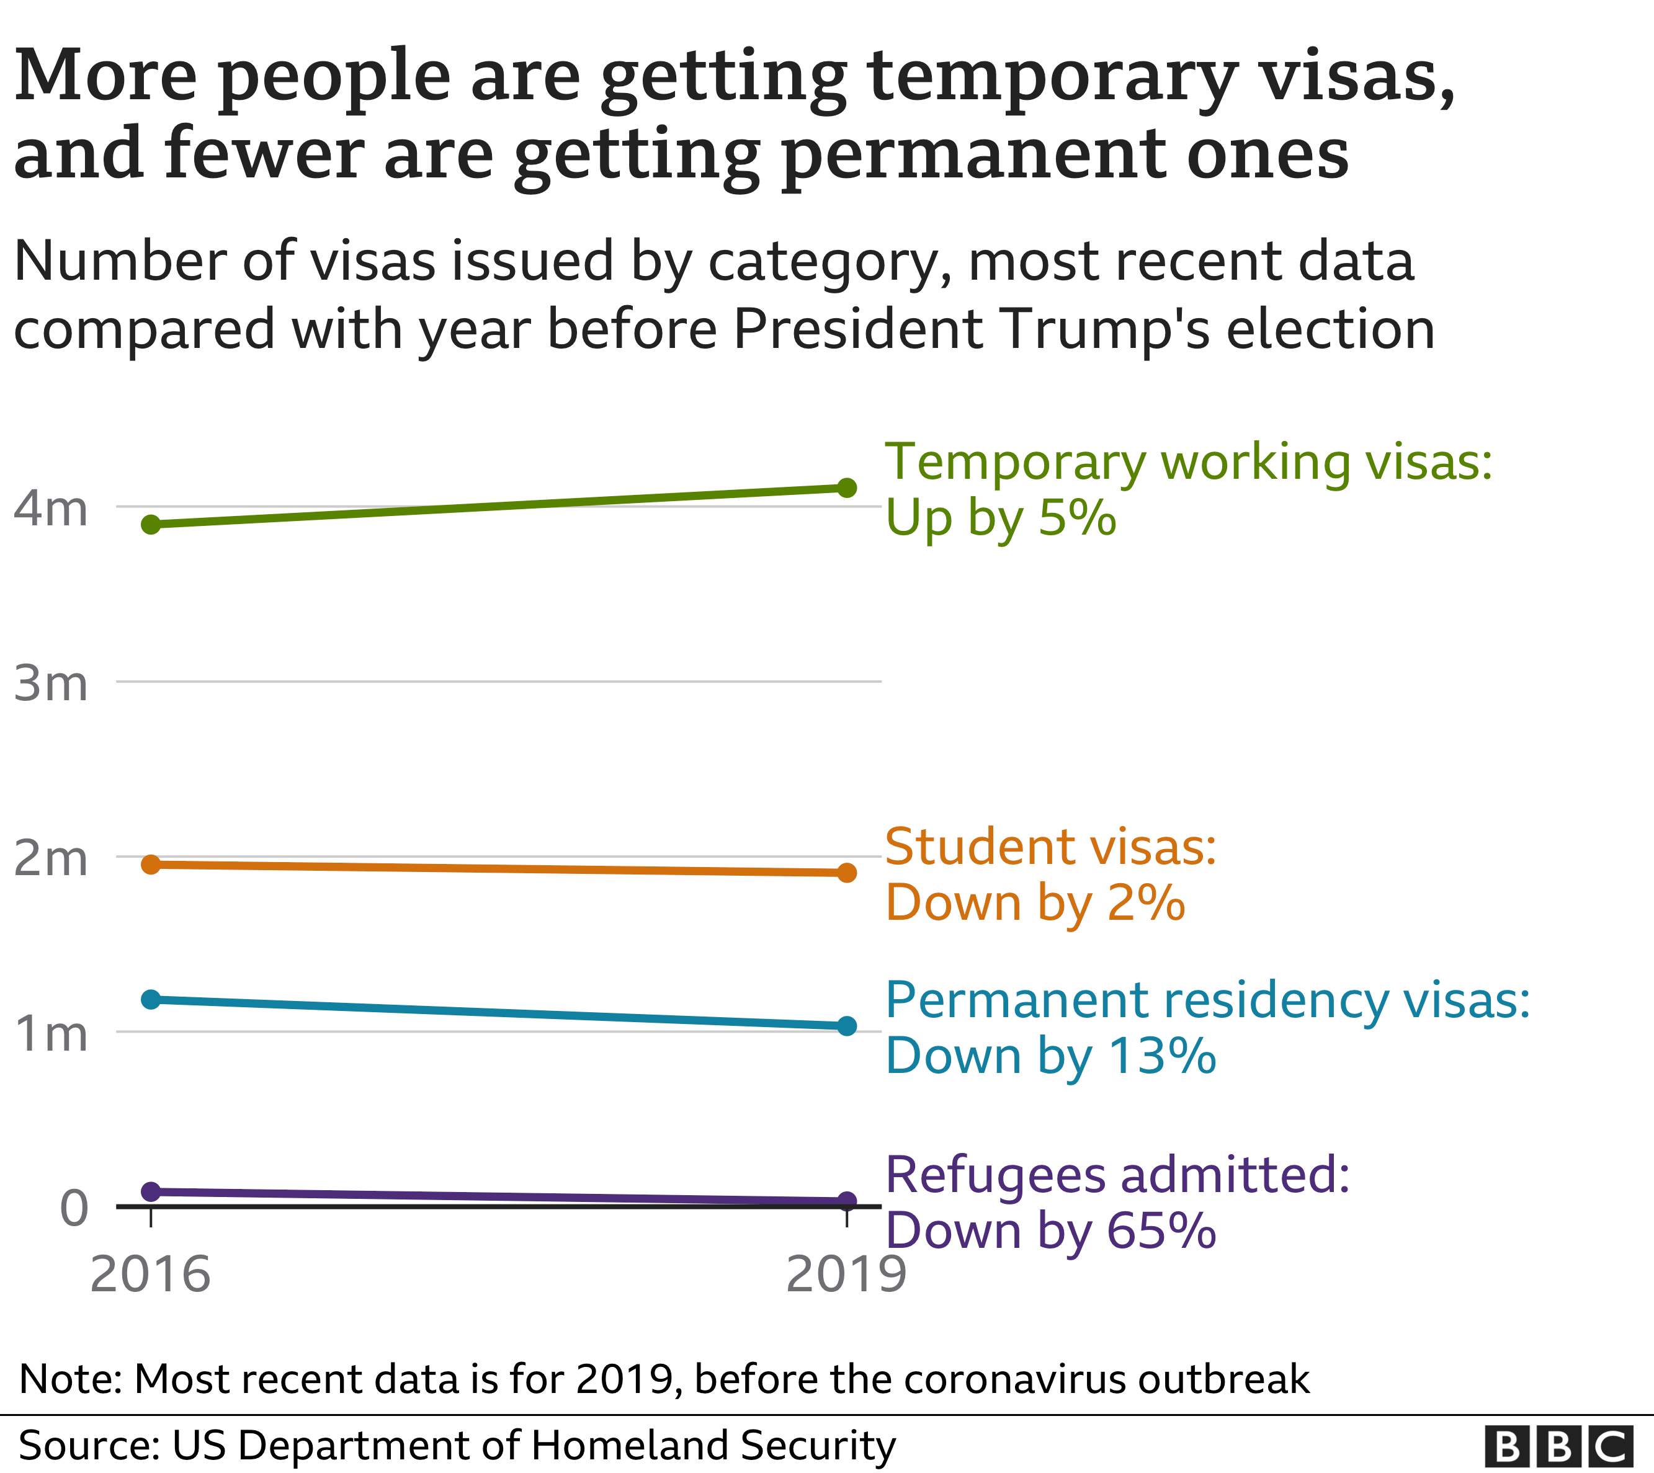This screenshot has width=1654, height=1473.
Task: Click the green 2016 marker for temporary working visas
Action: pyautogui.click(x=151, y=525)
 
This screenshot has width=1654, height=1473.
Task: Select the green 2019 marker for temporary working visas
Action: pyautogui.click(x=847, y=487)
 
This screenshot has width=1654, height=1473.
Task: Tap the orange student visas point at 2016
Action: pyautogui.click(x=151, y=865)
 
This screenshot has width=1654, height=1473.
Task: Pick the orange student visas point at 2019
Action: pyautogui.click(x=847, y=873)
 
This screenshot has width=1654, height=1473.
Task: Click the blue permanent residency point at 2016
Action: pyautogui.click(x=151, y=1000)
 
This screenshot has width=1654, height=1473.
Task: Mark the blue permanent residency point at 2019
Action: pyautogui.click(x=847, y=1026)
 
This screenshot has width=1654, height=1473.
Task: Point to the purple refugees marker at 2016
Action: pyautogui.click(x=151, y=1191)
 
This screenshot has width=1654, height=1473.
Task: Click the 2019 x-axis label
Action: pyautogui.click(x=846, y=1275)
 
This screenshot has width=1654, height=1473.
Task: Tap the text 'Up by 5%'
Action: pyautogui.click(x=1001, y=518)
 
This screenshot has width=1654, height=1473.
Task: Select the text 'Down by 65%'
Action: pyautogui.click(x=1050, y=1231)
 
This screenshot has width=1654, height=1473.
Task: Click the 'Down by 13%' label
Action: pyautogui.click(x=1050, y=1056)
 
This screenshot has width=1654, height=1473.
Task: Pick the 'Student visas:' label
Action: pyautogui.click(x=1050, y=847)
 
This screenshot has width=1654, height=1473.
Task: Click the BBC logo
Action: pyautogui.click(x=1558, y=1446)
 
